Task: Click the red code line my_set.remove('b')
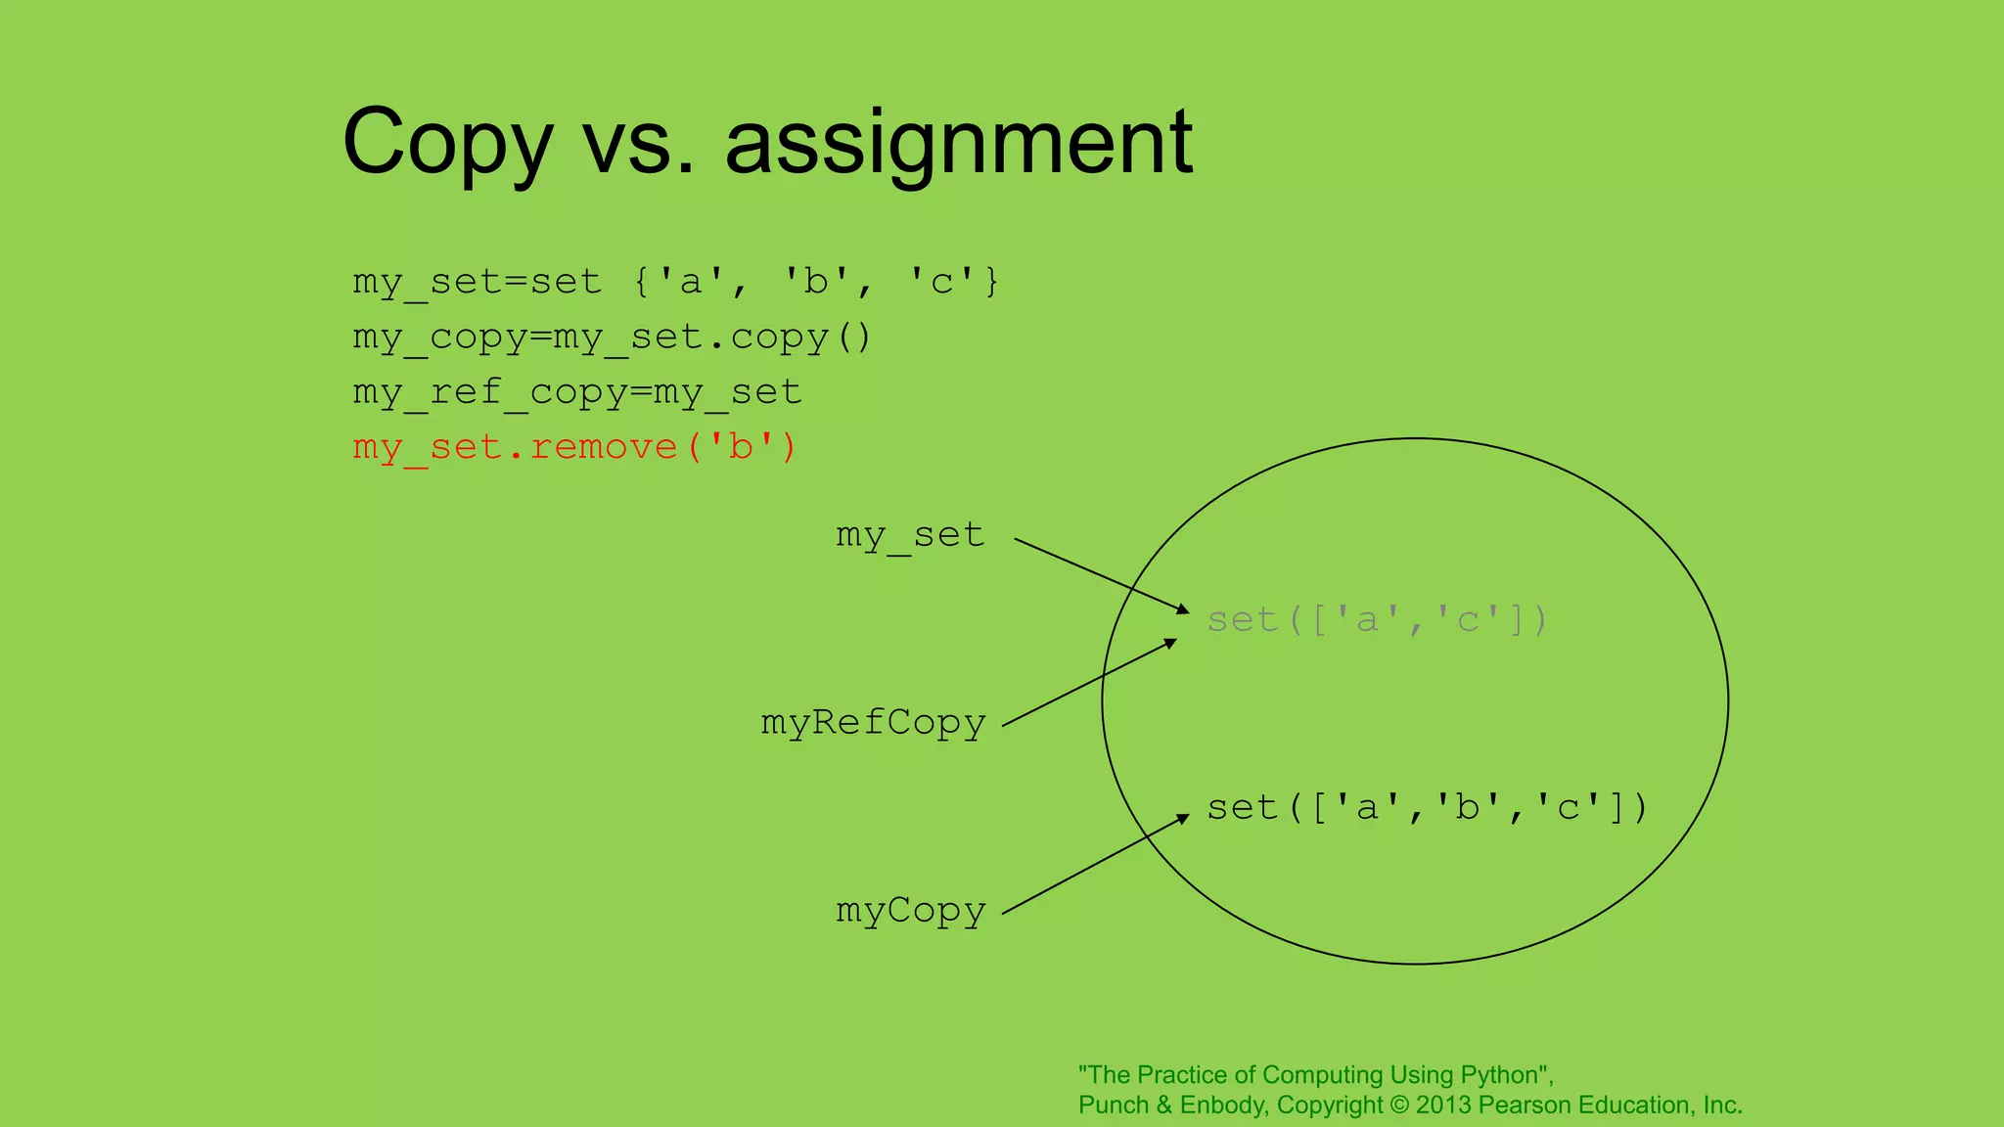[x=574, y=447]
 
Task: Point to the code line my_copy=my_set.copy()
[x=612, y=338]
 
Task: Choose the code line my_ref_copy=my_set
[x=577, y=392]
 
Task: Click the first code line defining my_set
[x=675, y=282]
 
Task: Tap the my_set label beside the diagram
[x=910, y=535]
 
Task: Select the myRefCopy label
[x=873, y=723]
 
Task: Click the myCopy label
[x=910, y=911]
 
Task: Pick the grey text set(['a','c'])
[x=1377, y=620]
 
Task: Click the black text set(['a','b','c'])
[x=1427, y=808]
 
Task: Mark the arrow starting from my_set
[x=1101, y=575]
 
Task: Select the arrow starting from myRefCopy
[x=1089, y=683]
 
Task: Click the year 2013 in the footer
[x=1443, y=1105]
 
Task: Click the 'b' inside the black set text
[x=1467, y=808]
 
